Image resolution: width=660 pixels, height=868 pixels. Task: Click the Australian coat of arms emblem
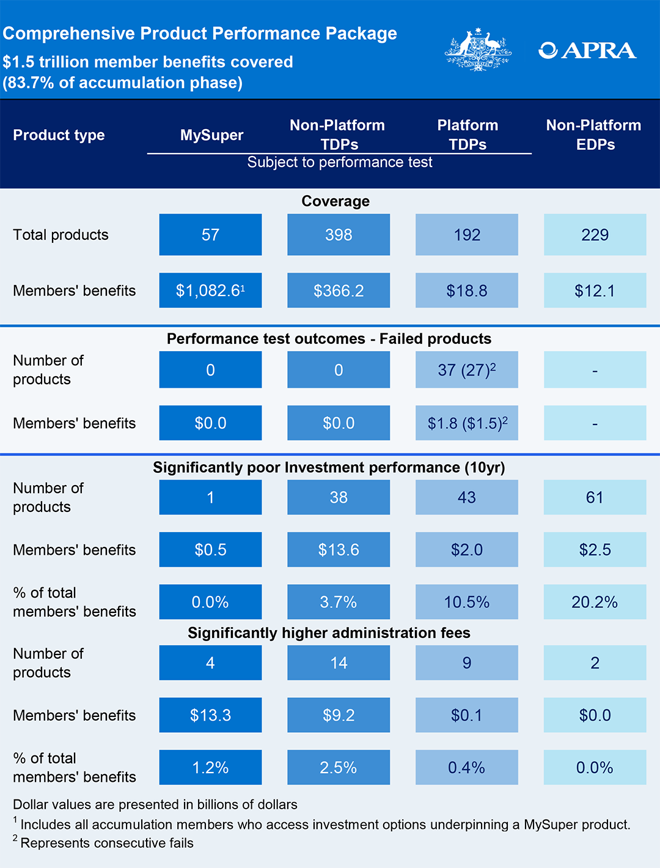[x=478, y=50]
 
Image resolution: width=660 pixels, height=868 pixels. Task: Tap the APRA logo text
[x=587, y=50]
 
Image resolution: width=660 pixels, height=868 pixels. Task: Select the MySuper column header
[x=211, y=135]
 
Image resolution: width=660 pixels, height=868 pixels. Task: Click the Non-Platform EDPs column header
[x=594, y=135]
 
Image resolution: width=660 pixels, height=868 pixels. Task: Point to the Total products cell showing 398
[x=339, y=235]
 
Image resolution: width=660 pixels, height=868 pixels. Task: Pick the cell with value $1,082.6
[x=210, y=291]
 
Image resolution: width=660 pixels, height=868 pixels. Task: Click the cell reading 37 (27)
[x=467, y=370]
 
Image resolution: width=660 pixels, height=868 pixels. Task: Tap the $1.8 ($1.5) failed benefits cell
[x=467, y=423]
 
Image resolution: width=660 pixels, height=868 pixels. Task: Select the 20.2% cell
[x=595, y=602]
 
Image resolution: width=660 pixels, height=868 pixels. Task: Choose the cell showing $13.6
[x=339, y=550]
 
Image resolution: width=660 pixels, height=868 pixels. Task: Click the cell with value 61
[x=595, y=497]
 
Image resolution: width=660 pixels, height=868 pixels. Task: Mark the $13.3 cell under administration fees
[x=210, y=715]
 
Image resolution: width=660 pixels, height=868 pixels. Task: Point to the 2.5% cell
[x=339, y=768]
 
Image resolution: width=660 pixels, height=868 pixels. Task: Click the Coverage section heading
[x=335, y=201]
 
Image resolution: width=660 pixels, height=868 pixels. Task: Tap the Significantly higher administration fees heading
[x=329, y=632]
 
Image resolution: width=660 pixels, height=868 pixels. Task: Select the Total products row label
[x=61, y=235]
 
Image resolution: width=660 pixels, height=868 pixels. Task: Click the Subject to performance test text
[x=340, y=162]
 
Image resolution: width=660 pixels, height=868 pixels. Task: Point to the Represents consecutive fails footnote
[x=106, y=843]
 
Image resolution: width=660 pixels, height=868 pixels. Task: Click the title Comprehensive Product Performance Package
[x=200, y=33]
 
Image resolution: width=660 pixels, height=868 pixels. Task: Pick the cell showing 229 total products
[x=595, y=235]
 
